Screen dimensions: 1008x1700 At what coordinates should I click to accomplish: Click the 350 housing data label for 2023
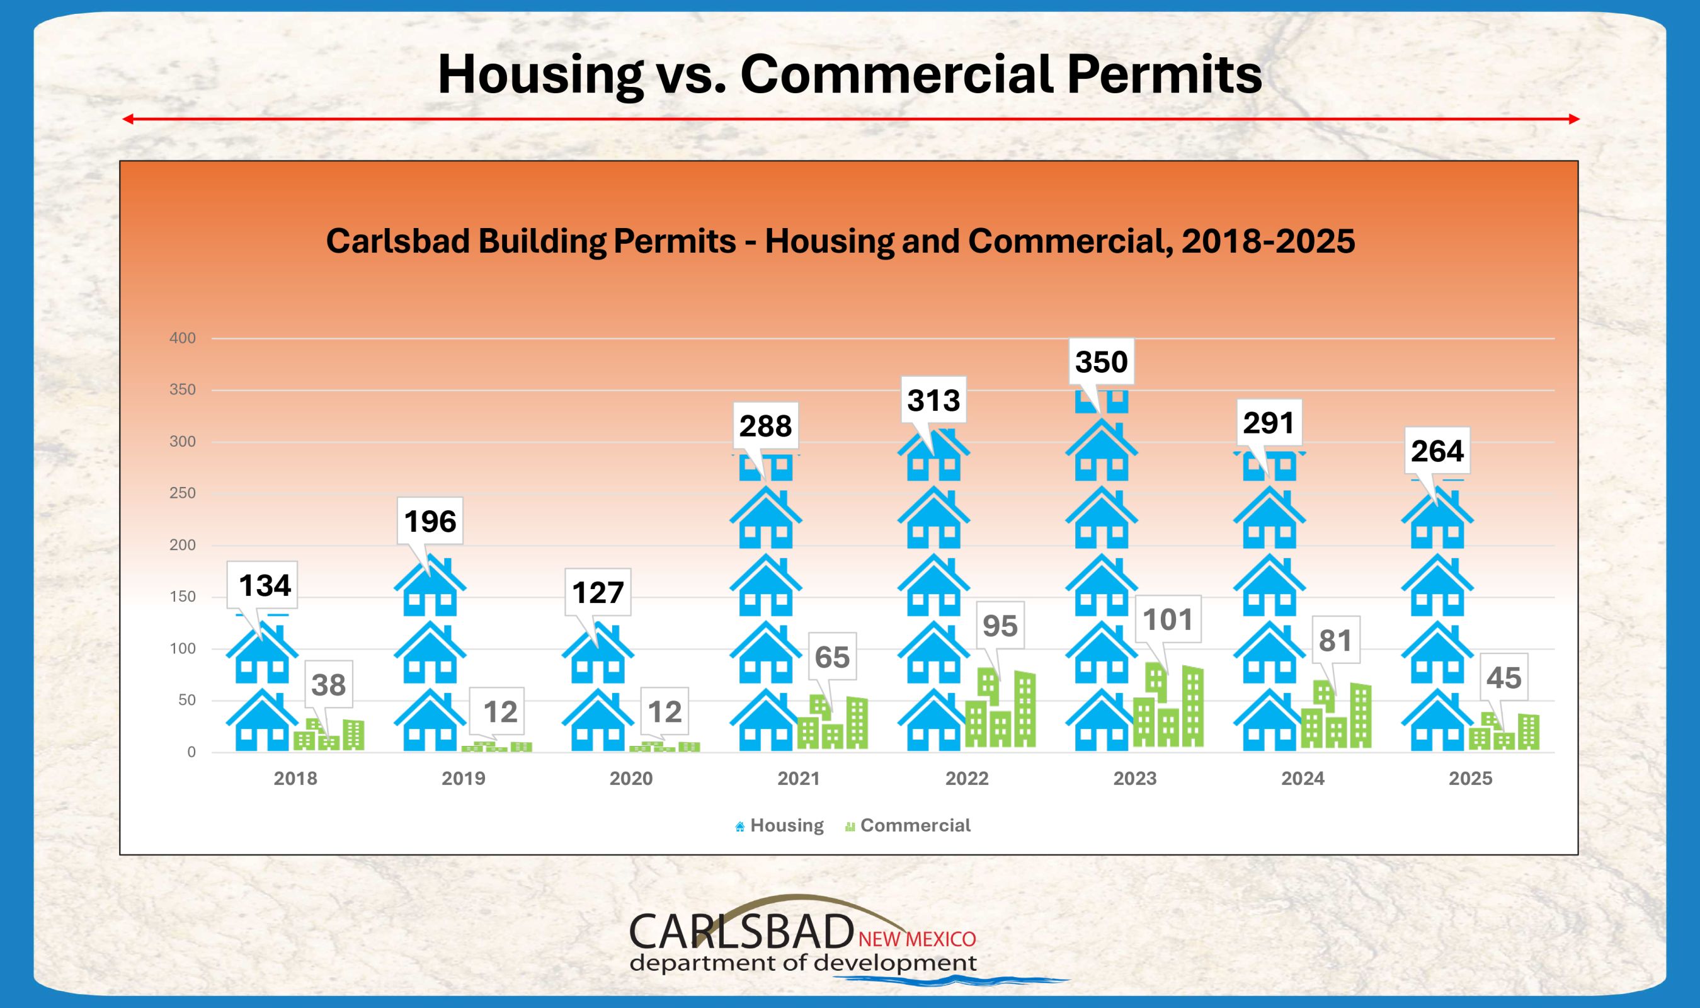pyautogui.click(x=1101, y=362)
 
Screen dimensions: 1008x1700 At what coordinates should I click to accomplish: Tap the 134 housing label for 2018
pyautogui.click(x=265, y=585)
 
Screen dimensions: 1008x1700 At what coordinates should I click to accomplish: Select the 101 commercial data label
pyautogui.click(x=1168, y=620)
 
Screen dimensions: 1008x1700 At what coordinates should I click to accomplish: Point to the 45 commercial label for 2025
pyautogui.click(x=1503, y=678)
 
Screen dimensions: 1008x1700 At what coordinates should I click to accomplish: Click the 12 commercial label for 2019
pyautogui.click(x=500, y=712)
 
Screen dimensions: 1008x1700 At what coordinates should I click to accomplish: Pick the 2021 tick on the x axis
pyautogui.click(x=799, y=779)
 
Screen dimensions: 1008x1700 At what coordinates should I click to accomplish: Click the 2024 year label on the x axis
pyautogui.click(x=1302, y=779)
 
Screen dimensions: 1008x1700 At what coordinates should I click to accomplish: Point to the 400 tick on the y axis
pyautogui.click(x=182, y=338)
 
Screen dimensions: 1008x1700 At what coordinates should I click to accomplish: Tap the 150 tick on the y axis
pyautogui.click(x=182, y=597)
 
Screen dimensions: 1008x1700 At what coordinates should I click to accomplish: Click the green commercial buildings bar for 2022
pyautogui.click(x=1000, y=710)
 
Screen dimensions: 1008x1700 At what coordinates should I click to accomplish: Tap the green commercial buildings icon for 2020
pyautogui.click(x=664, y=747)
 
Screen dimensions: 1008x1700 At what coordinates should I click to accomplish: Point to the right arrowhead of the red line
pyautogui.click(x=1575, y=120)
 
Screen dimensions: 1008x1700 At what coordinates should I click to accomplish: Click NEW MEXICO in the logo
pyautogui.click(x=916, y=939)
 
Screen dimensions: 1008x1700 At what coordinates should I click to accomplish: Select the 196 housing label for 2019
pyautogui.click(x=430, y=522)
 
